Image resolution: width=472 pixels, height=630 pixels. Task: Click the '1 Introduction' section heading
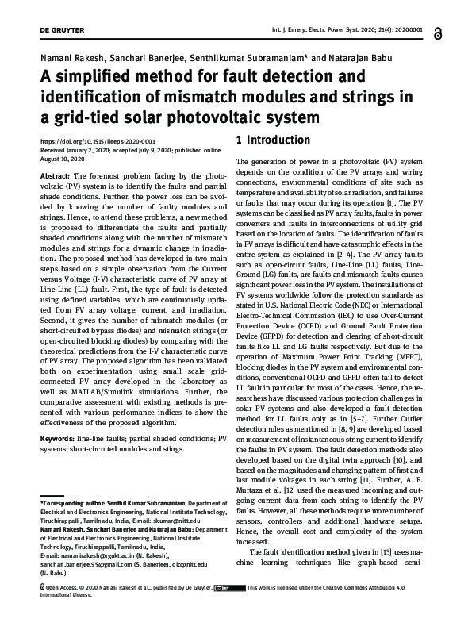click(273, 140)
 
